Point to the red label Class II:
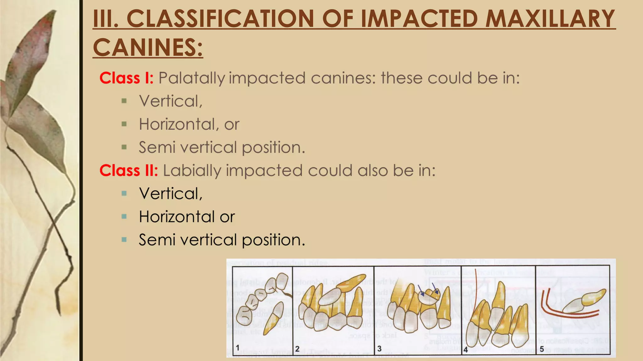pos(128,170)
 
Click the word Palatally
pos(192,78)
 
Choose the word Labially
pos(192,171)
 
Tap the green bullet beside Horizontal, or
pos(124,124)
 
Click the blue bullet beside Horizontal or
pos(124,217)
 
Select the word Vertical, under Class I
pos(170,101)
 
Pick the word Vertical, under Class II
pos(170,194)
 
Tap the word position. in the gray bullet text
pos(273,148)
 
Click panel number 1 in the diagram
pos(238,348)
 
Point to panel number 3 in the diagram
pos(379,348)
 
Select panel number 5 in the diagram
pos(542,349)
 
